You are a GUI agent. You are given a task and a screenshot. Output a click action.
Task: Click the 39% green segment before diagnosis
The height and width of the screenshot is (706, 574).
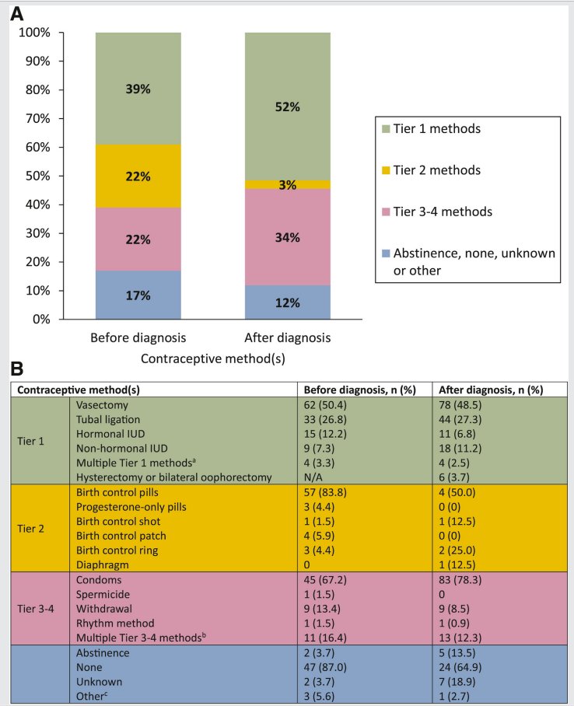[138, 89]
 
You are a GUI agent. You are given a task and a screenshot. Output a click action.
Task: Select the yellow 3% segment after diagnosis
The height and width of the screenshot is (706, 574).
[288, 184]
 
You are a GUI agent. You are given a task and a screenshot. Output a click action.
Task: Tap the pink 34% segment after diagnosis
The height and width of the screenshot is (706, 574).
[288, 237]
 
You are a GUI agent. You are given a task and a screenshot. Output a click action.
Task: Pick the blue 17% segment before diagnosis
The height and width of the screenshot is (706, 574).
[138, 295]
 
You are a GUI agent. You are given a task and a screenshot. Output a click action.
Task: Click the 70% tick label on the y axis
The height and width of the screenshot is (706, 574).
[38, 118]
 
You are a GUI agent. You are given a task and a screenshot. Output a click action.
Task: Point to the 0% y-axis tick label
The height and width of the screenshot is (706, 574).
[41, 320]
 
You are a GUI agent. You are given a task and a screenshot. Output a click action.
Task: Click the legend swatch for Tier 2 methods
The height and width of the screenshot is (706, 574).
[386, 170]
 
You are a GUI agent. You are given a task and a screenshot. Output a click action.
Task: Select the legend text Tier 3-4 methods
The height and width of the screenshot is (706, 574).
[443, 211]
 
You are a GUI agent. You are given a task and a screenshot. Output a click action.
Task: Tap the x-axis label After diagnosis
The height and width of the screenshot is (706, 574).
[288, 337]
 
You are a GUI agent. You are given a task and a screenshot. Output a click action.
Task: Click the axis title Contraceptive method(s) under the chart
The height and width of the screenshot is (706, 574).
[212, 359]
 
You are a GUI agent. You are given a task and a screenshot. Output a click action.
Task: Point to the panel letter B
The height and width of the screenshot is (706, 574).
[16, 369]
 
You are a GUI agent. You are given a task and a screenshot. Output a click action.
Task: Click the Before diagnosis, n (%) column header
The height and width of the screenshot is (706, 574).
[359, 390]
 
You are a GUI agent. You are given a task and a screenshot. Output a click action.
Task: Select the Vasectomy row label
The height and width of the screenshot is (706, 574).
[102, 405]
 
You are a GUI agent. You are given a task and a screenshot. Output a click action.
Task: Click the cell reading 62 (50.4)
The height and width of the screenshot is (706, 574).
[325, 405]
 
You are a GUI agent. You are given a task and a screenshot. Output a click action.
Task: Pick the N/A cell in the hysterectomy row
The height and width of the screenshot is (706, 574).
[313, 477]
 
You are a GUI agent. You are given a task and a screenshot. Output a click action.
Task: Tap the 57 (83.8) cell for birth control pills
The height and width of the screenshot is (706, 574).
[325, 492]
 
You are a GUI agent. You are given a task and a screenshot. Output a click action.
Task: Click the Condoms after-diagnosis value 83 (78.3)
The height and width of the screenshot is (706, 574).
[460, 579]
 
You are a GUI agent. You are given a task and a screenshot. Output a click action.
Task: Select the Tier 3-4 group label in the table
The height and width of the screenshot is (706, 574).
[35, 609]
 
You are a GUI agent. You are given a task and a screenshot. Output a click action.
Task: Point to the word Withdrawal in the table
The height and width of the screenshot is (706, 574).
[104, 609]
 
